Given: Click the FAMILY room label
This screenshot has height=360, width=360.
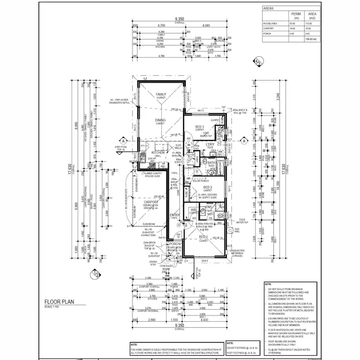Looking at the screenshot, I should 160,95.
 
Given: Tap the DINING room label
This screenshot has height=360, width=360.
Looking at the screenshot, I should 160,121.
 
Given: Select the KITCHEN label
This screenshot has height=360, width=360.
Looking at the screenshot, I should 158,153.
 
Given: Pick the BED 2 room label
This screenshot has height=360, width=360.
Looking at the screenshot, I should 208,187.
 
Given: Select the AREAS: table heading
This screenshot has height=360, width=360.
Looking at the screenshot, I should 269,8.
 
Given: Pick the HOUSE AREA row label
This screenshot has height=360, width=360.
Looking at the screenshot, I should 270,23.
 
